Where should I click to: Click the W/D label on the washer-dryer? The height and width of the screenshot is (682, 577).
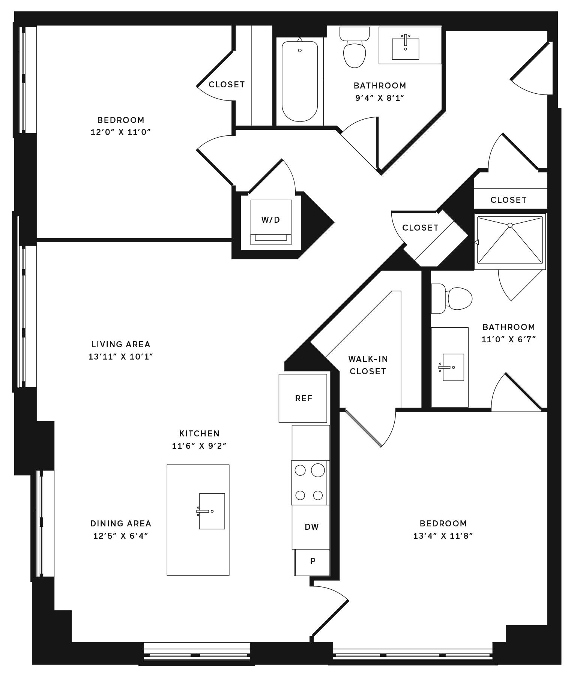[270, 220]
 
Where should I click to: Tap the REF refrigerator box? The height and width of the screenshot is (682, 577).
[303, 398]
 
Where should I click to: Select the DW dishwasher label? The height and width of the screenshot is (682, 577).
[312, 527]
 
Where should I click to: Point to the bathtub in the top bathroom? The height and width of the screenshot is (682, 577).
[300, 81]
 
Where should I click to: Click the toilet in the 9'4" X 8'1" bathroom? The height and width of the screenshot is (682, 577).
[355, 47]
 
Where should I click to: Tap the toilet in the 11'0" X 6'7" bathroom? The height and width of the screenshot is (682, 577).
[451, 298]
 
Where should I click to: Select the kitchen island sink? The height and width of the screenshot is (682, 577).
[212, 511]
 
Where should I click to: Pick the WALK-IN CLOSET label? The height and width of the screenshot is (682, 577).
[368, 365]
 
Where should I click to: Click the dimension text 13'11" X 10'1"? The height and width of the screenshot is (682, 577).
[121, 357]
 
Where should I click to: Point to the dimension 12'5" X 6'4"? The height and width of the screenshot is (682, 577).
[121, 536]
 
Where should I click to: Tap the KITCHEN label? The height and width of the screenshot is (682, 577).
[199, 433]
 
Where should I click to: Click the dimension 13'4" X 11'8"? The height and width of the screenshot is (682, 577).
[443, 536]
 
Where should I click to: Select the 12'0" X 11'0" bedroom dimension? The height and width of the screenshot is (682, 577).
[120, 132]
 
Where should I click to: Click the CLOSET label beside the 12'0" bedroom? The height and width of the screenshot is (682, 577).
[227, 85]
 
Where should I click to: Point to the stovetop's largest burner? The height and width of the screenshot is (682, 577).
[318, 470]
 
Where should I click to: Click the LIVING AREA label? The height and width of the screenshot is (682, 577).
[121, 344]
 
